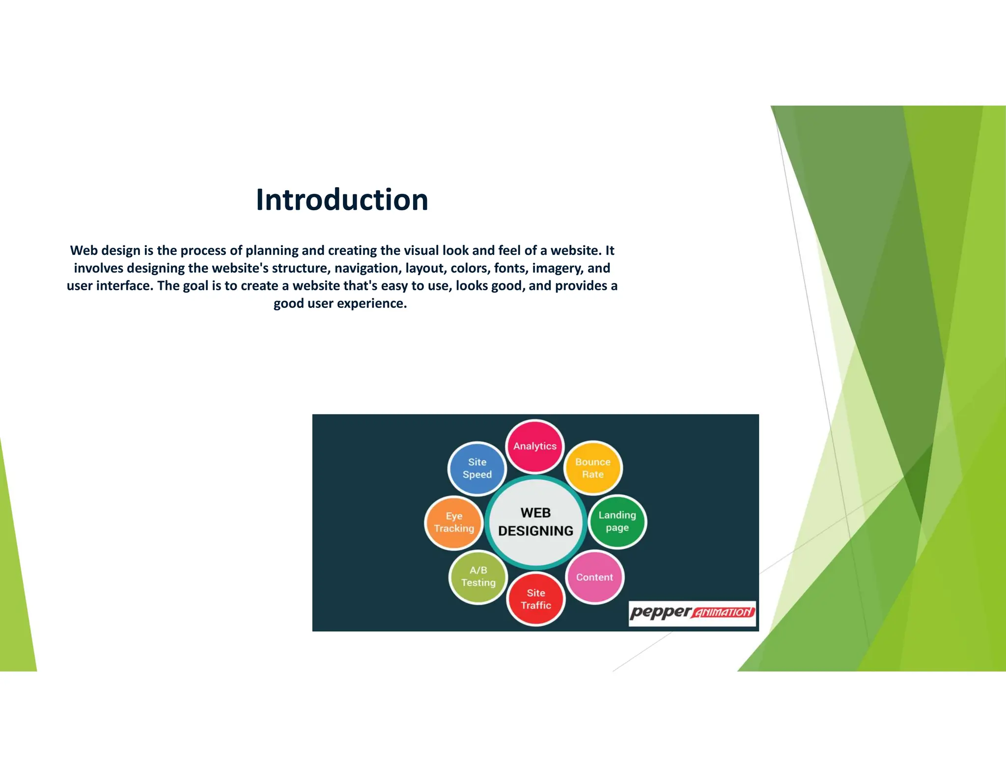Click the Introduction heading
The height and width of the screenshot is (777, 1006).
pyautogui.click(x=342, y=200)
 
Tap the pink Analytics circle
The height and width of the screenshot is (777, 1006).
pyautogui.click(x=535, y=446)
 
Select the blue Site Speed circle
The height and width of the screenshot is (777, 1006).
pyautogui.click(x=477, y=468)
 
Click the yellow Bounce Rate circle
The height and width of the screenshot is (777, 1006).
pyautogui.click(x=593, y=468)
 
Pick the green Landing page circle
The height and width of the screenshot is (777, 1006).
pyautogui.click(x=617, y=521)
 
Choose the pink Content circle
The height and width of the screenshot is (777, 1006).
pyautogui.click(x=594, y=577)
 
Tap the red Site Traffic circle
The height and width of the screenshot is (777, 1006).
pyautogui.click(x=536, y=599)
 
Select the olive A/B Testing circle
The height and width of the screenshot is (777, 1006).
pyautogui.click(x=478, y=576)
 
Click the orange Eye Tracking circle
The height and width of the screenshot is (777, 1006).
pyautogui.click(x=454, y=522)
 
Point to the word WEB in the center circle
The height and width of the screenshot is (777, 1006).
pyautogui.click(x=535, y=513)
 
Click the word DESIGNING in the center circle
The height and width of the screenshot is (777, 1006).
pyautogui.click(x=535, y=531)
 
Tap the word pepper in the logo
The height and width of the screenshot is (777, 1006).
pyautogui.click(x=661, y=612)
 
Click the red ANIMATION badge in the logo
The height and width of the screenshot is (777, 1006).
pyautogui.click(x=724, y=612)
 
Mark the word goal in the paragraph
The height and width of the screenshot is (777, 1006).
pyautogui.click(x=196, y=286)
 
